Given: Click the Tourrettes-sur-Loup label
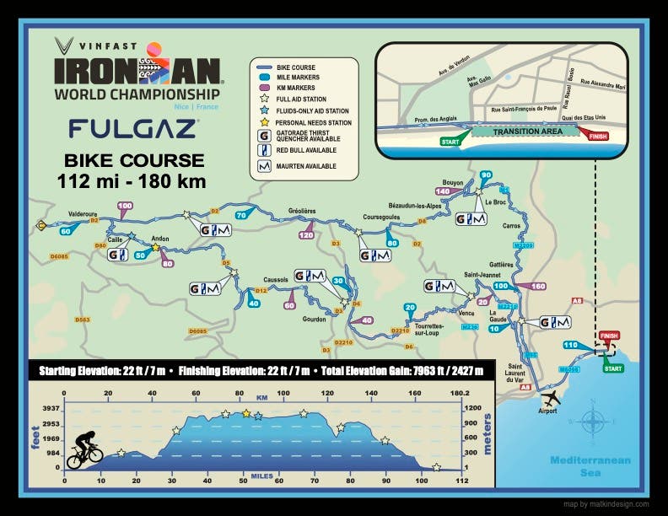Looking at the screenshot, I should (x=427, y=331).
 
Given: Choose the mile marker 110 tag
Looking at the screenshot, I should (x=569, y=345).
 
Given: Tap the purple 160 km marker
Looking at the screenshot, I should (x=536, y=287).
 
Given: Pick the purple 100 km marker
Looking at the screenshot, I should (x=125, y=206).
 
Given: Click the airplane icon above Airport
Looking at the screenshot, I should (x=551, y=396).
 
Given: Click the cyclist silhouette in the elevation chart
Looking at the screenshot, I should (x=84, y=450).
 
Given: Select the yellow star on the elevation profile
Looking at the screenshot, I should (x=246, y=413).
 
